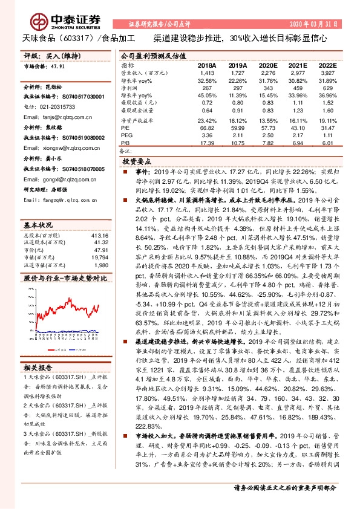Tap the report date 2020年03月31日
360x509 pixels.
(317, 24)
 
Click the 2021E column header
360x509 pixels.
(298, 65)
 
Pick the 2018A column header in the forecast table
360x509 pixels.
(207, 65)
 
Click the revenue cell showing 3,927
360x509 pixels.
(327, 72)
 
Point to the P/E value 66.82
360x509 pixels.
(208, 128)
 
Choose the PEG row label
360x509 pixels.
(126, 135)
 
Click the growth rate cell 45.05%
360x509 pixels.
(207, 96)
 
